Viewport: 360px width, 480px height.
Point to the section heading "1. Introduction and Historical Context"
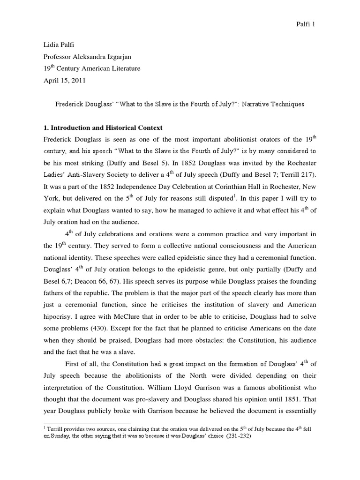[104, 128]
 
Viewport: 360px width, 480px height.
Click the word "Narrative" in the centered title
[252, 104]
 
